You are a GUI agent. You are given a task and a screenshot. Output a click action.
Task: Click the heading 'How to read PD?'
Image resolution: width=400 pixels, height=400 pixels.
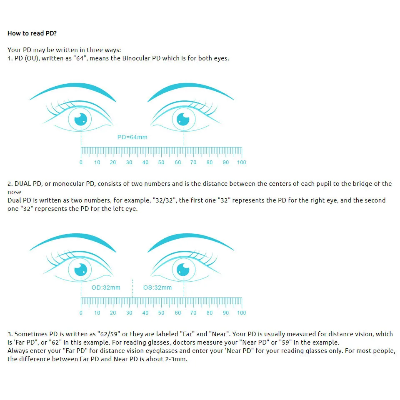coord(32,33)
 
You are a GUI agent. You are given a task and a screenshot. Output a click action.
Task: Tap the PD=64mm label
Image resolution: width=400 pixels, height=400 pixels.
coord(132,137)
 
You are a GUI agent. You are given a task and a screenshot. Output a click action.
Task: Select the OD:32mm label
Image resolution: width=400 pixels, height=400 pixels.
coord(106,287)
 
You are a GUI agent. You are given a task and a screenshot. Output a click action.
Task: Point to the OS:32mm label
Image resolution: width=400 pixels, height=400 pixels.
coord(157,287)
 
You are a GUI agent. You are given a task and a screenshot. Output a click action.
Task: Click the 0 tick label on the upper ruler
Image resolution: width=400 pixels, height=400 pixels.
coord(81,162)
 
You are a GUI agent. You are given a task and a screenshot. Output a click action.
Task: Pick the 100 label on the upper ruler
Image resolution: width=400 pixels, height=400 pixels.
coord(241,162)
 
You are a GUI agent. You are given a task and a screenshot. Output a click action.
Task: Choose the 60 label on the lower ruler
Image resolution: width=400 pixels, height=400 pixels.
coord(178,313)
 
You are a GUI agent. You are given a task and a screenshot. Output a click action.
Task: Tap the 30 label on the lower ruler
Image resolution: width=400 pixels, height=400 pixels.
coord(129,313)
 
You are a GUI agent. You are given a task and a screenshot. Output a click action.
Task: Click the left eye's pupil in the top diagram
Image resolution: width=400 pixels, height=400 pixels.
coord(80,119)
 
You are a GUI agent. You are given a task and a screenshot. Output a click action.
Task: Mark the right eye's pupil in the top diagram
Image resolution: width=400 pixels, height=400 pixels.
coord(183,119)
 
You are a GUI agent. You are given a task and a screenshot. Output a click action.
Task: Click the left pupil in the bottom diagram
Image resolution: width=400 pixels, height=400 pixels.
coord(80,270)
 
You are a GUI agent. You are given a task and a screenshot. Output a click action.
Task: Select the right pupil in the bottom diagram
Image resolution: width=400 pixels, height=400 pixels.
coord(183,270)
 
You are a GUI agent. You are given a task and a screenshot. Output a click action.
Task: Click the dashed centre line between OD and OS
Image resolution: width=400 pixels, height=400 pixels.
coord(132,288)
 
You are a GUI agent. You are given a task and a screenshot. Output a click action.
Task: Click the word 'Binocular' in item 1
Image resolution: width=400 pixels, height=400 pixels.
coord(137,58)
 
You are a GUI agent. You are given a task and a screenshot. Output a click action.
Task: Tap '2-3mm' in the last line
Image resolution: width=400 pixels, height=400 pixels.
coord(176,359)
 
